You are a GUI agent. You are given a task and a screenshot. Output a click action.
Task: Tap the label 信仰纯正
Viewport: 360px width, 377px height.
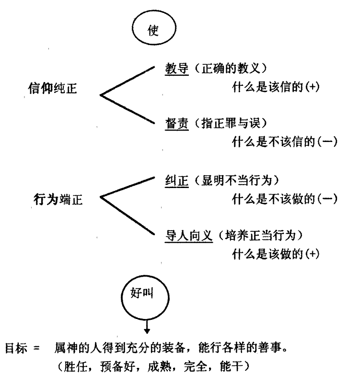click(x=52, y=88)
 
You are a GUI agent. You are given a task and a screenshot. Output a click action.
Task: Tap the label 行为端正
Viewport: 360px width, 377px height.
click(x=58, y=200)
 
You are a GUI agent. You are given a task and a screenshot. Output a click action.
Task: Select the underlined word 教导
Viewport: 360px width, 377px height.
click(x=176, y=69)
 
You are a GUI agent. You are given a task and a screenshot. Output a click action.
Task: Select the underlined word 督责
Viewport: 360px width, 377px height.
click(x=176, y=124)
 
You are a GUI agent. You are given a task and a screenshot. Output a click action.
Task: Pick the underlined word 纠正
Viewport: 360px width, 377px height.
click(x=176, y=181)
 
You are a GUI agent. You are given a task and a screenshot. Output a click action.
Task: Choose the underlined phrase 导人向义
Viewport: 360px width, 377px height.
click(x=189, y=236)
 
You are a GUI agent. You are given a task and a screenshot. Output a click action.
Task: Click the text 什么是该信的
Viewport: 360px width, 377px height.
click(x=267, y=87)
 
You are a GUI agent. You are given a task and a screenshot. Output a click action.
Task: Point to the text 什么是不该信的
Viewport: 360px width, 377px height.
click(x=273, y=142)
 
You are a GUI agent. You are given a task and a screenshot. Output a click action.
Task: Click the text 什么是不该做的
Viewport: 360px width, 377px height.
click(x=273, y=199)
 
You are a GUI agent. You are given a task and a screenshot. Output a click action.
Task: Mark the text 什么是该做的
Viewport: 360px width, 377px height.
click(x=267, y=254)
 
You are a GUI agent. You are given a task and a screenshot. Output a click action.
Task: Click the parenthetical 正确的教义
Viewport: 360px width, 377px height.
click(x=231, y=69)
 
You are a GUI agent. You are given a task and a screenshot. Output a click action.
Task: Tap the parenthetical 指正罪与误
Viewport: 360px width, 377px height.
click(x=231, y=123)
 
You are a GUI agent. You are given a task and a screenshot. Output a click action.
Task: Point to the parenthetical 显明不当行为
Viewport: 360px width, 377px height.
click(x=237, y=180)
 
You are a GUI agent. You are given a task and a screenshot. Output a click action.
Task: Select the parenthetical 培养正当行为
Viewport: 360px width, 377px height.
click(x=260, y=236)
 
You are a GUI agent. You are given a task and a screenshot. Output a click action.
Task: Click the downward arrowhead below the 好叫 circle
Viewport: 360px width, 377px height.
click(x=147, y=331)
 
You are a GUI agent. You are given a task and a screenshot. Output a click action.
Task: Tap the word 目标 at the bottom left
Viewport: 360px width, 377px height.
click(x=16, y=348)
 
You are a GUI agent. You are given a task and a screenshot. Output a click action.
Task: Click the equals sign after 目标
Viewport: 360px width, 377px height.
click(x=36, y=348)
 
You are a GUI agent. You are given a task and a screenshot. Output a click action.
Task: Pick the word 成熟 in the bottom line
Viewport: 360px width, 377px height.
click(x=159, y=367)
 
